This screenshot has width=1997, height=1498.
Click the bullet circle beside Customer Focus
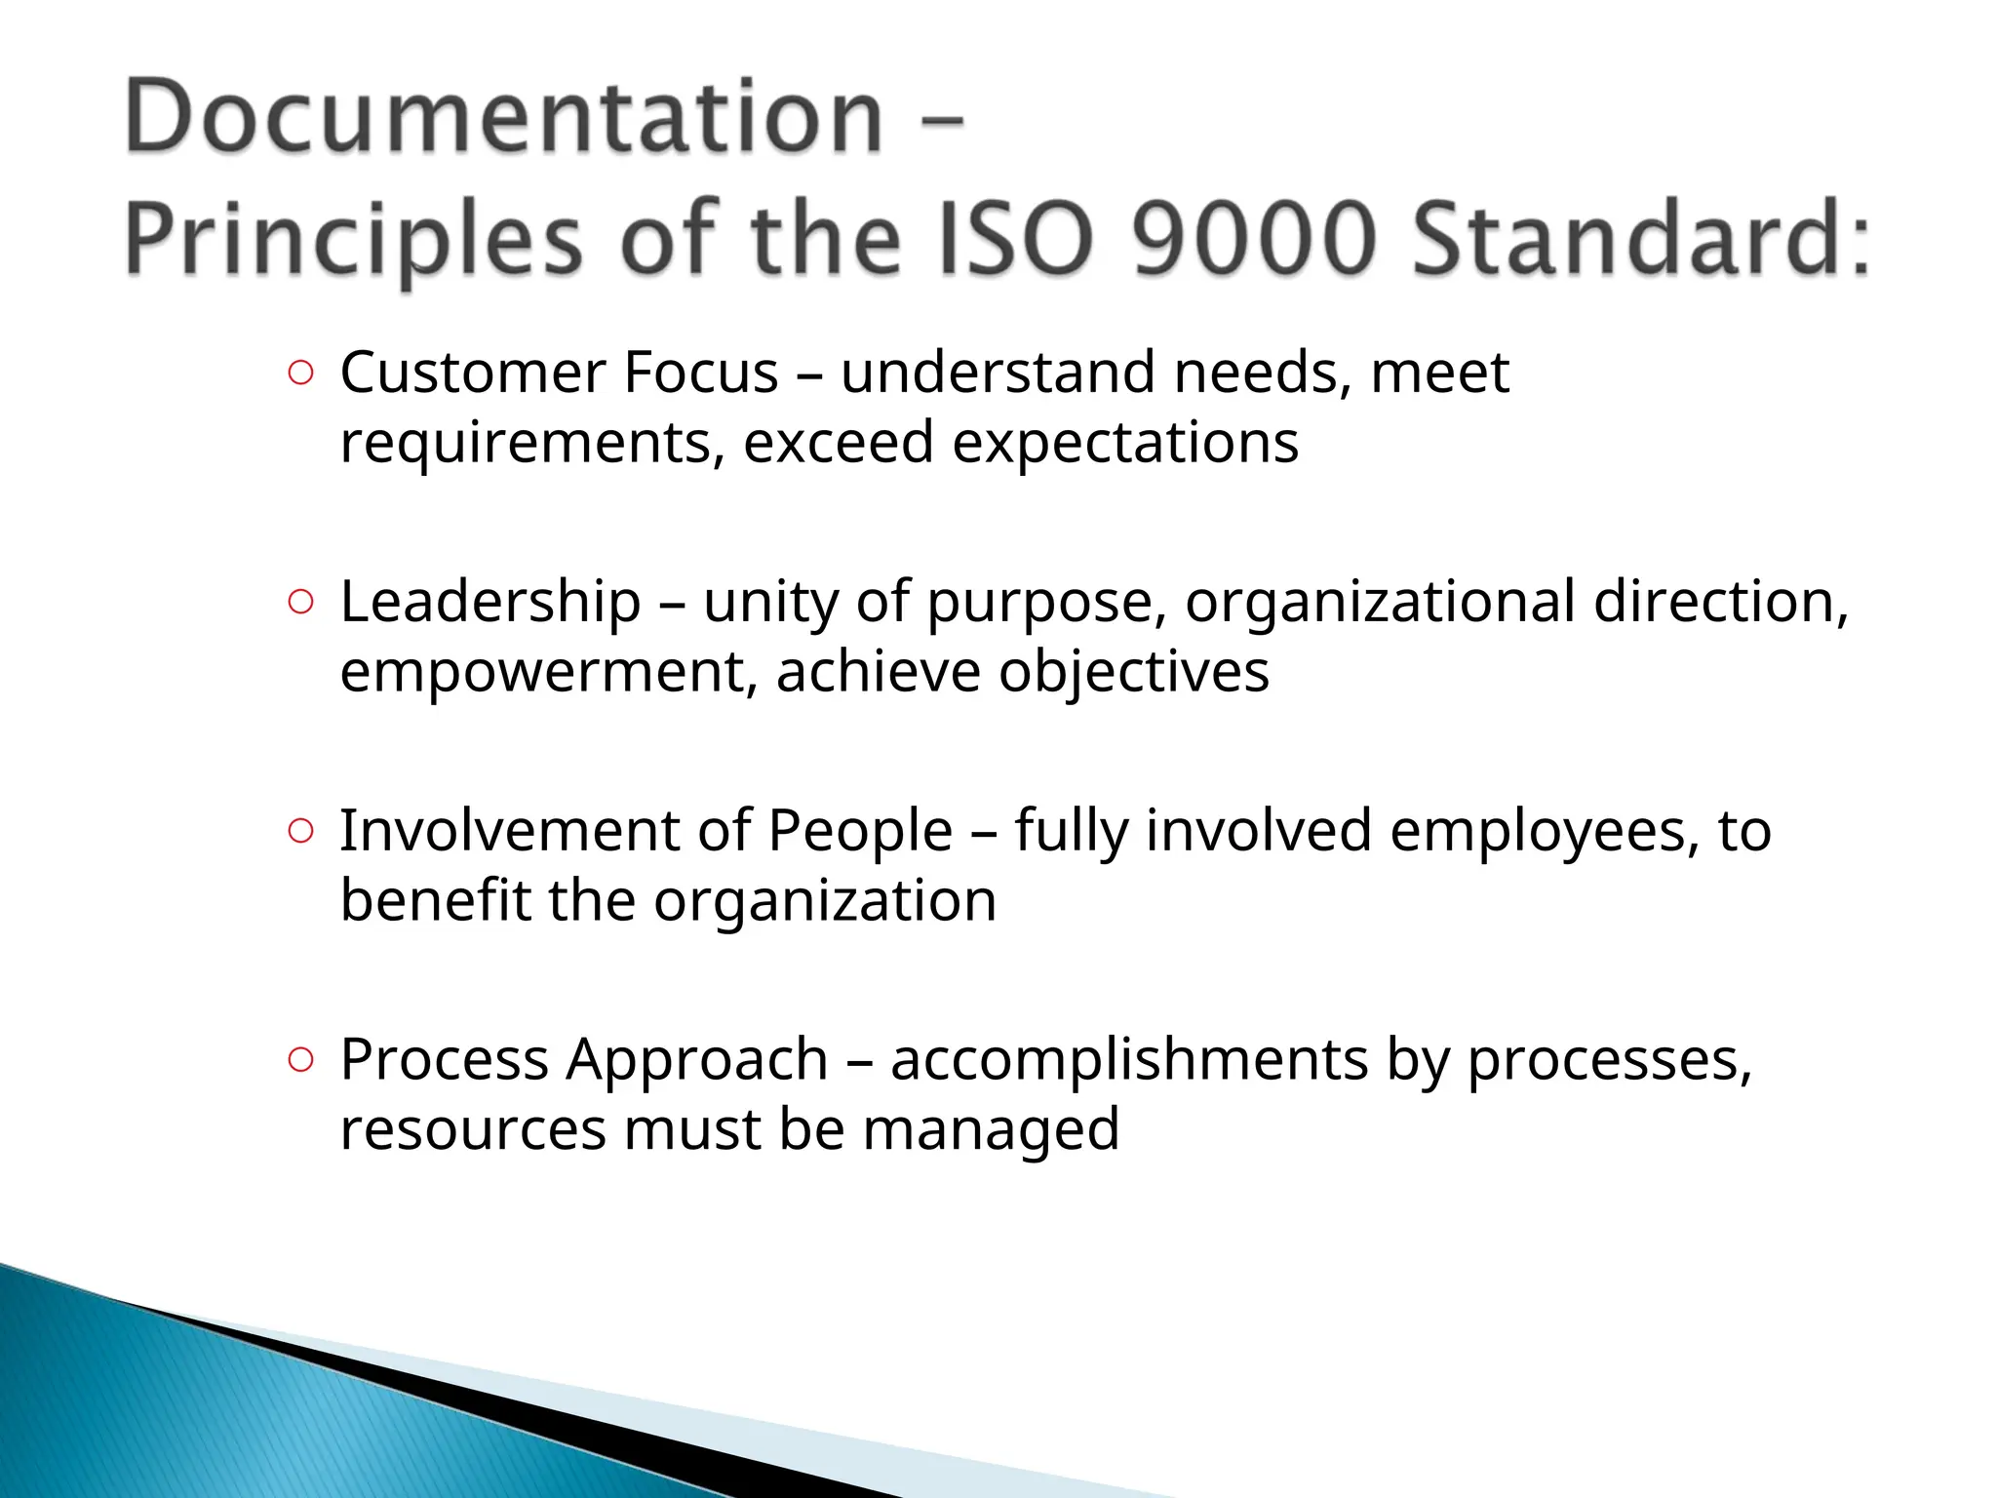pos(301,374)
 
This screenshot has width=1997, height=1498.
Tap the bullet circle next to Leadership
pos(301,603)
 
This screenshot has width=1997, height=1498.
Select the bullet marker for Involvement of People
pos(301,831)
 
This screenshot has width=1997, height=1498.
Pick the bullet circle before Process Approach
pos(301,1060)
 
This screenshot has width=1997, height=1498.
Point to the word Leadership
pos(490,602)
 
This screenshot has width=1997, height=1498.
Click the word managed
pos(991,1131)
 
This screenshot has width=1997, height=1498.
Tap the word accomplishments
pos(1129,1060)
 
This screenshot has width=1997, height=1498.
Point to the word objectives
pos(1134,673)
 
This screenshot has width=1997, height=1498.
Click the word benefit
pos(435,901)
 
